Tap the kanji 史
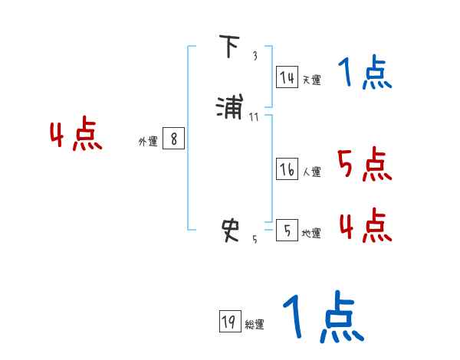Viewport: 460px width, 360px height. point(231,229)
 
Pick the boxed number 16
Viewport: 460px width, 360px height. point(287,169)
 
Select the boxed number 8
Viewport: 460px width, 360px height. point(174,139)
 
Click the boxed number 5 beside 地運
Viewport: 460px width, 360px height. point(287,229)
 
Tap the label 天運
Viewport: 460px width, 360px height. point(311,80)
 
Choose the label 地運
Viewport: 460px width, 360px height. point(311,233)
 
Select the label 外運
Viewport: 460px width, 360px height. point(148,142)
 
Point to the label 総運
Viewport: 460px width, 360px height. point(255,325)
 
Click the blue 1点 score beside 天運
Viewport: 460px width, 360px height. point(365,74)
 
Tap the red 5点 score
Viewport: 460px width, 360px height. point(365,164)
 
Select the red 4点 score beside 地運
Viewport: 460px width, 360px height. point(365,224)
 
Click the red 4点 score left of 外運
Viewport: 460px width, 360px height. point(76,136)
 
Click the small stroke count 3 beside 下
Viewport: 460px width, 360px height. point(255,55)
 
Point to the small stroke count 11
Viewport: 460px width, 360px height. point(255,116)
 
